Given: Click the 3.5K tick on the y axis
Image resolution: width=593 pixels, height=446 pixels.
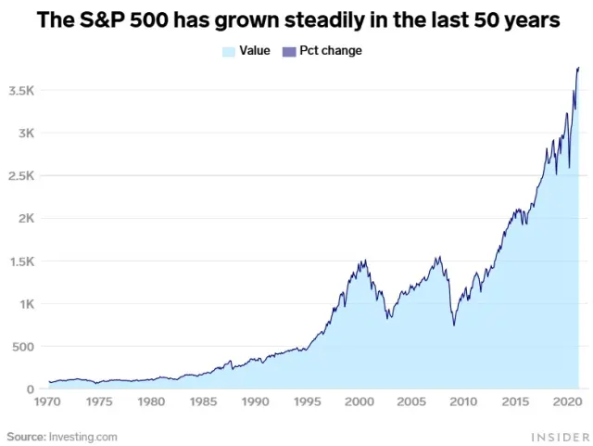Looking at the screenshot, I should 20,91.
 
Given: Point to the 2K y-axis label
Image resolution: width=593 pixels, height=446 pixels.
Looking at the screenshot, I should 24,219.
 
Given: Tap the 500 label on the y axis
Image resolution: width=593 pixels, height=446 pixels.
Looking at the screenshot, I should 22,347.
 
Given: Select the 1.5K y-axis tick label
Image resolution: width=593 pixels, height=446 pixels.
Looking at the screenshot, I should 20,261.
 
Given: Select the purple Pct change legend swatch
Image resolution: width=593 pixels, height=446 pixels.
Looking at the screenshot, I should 288,51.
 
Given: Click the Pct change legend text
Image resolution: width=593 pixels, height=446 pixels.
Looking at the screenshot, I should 331,51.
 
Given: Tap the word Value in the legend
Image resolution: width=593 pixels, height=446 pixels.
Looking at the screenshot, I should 255,51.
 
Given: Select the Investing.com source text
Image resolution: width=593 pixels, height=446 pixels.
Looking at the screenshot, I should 83,436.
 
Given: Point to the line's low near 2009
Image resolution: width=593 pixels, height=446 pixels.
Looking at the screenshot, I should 454,325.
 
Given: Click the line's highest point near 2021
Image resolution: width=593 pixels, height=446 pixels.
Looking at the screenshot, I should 578,68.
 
